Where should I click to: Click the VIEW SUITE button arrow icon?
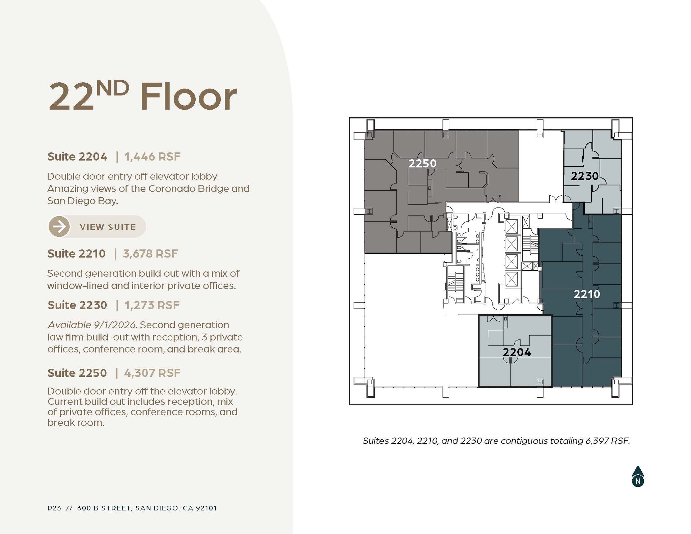point(59,227)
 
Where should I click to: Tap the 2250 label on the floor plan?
point(422,164)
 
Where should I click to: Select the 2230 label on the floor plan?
point(584,176)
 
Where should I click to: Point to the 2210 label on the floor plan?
point(587,294)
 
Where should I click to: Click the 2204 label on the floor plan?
point(517,352)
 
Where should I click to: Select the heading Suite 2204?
point(77,157)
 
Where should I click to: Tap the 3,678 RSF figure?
point(150,254)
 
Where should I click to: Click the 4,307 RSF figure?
point(152,373)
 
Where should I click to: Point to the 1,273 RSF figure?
point(152,305)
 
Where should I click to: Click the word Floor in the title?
point(189,96)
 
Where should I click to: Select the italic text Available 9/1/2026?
point(92,325)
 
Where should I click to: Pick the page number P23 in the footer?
point(54,508)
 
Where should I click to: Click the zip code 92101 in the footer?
point(206,508)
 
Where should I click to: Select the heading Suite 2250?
point(77,373)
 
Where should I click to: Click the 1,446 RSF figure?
point(153,157)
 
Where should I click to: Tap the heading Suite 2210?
point(76,254)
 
